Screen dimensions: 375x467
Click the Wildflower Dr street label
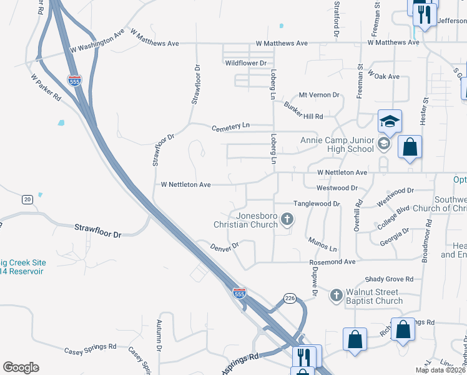pyautogui.click(x=246, y=63)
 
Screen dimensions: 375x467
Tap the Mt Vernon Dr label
pyautogui.click(x=318, y=95)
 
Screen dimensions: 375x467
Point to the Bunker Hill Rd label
pyautogui.click(x=303, y=111)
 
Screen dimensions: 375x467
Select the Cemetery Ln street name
pyautogui.click(x=230, y=126)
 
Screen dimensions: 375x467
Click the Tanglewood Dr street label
pyautogui.click(x=317, y=204)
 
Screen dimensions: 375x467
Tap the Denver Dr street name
pyautogui.click(x=225, y=249)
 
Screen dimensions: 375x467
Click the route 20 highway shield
pyautogui.click(x=27, y=199)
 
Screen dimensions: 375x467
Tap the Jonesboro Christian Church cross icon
pyautogui.click(x=287, y=219)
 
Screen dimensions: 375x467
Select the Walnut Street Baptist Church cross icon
pyautogui.click(x=336, y=294)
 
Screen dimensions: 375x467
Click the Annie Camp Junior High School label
pyautogui.click(x=337, y=144)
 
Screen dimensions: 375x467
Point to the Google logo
pyautogui.click(x=21, y=367)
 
